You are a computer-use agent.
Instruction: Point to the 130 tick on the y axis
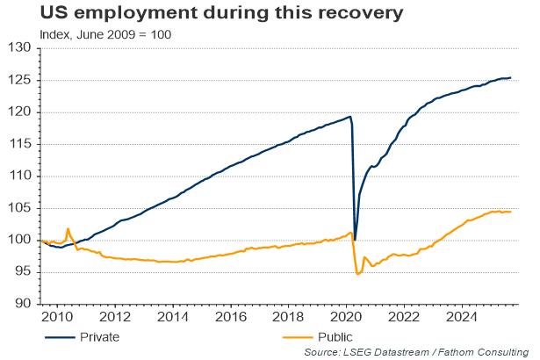point(19,48)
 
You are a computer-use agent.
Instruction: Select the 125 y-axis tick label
point(19,80)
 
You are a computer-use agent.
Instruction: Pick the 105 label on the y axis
point(19,208)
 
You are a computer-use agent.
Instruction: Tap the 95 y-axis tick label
point(22,272)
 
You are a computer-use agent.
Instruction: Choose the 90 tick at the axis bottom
point(22,304)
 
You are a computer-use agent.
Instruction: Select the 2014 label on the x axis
point(173,317)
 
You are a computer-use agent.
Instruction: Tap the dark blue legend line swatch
point(59,336)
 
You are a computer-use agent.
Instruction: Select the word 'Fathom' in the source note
point(461,351)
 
